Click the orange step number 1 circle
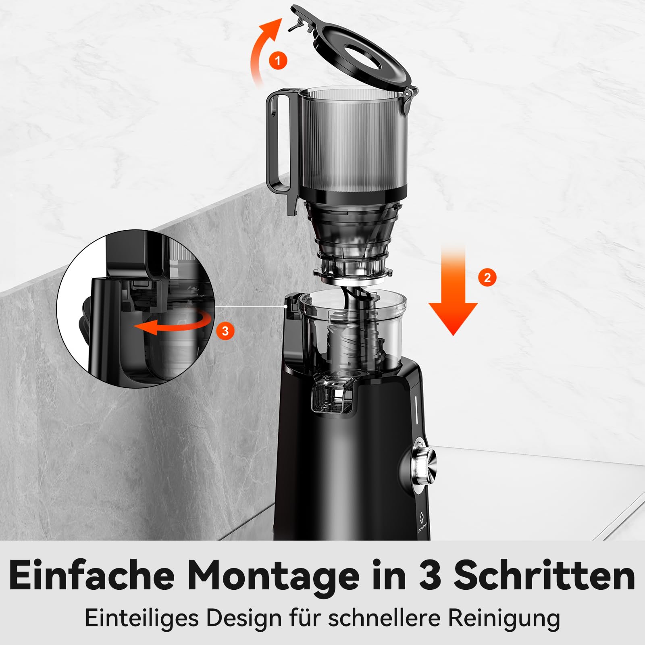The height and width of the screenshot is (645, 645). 278,61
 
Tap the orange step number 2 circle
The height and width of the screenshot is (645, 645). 487,278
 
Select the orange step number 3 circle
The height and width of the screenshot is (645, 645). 225,331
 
